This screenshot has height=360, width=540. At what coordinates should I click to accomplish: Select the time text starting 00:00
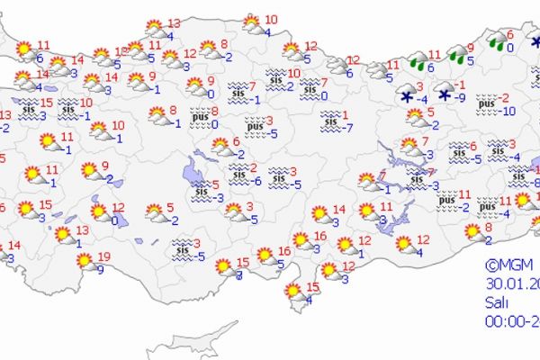(x=510, y=319)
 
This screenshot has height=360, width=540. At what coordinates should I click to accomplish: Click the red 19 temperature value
(x=104, y=256)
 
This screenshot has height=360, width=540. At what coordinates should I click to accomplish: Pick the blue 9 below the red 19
(x=100, y=268)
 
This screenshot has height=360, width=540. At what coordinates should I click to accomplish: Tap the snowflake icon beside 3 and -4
(x=408, y=96)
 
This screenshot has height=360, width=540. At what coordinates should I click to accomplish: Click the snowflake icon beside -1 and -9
(x=445, y=94)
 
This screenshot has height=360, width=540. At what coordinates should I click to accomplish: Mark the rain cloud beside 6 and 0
(x=496, y=40)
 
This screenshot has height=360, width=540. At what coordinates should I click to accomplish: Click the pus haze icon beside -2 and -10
(x=487, y=104)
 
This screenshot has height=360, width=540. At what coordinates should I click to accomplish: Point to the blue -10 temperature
(x=508, y=111)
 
